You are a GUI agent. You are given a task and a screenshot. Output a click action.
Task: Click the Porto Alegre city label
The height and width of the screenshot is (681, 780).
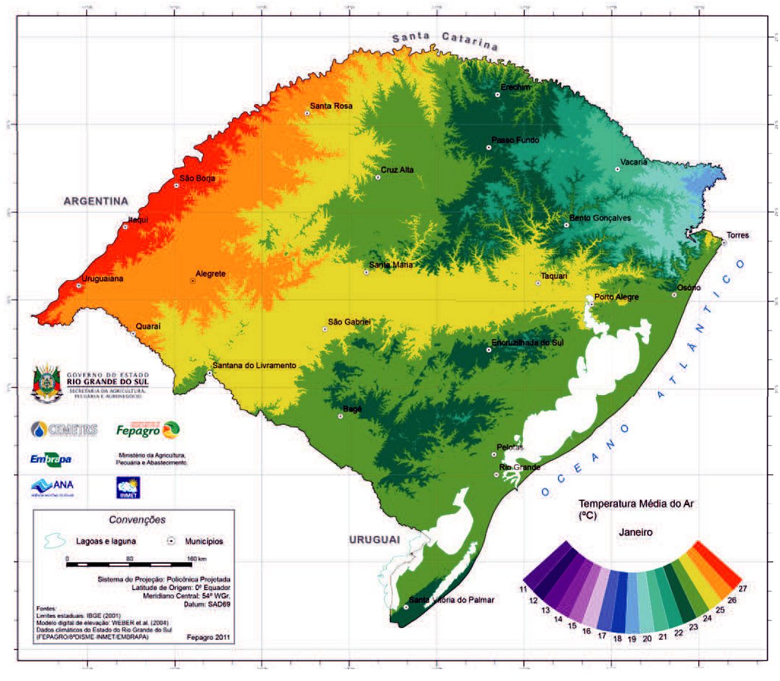616,297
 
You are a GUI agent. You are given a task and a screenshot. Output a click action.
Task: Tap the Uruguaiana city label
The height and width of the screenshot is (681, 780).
103,279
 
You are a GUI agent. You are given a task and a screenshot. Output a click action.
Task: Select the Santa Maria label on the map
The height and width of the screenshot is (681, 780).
391,265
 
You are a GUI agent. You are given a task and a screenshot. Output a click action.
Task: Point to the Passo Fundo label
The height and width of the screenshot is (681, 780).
515,140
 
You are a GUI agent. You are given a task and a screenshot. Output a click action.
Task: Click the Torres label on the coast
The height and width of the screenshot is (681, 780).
738,235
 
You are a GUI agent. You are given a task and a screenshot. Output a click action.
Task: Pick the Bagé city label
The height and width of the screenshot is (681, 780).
352,409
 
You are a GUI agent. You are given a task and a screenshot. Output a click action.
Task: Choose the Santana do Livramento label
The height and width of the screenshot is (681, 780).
254,365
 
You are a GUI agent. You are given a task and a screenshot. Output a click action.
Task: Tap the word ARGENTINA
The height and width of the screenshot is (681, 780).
96,201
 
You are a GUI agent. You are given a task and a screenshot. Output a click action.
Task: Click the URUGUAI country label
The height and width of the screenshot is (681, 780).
374,540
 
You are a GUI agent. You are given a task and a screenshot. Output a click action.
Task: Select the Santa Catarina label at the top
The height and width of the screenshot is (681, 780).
445,40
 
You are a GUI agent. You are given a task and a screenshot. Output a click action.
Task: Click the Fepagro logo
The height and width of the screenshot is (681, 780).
147,430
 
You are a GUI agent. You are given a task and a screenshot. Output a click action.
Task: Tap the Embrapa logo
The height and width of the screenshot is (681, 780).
50,459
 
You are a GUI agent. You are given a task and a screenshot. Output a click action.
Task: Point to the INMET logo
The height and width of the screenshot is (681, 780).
128,488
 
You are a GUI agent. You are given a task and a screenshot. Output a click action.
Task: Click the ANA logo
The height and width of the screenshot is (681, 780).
52,486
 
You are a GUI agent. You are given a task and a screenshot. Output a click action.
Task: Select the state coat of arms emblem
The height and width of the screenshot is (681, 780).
46,383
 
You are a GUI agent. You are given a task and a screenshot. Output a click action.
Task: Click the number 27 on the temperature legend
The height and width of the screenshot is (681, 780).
742,588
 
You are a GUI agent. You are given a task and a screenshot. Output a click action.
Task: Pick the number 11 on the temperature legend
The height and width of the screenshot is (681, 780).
524,590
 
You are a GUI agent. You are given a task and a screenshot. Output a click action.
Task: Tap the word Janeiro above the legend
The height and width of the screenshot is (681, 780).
635,532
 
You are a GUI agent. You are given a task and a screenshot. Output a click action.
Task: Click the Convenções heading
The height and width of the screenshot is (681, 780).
137,520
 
